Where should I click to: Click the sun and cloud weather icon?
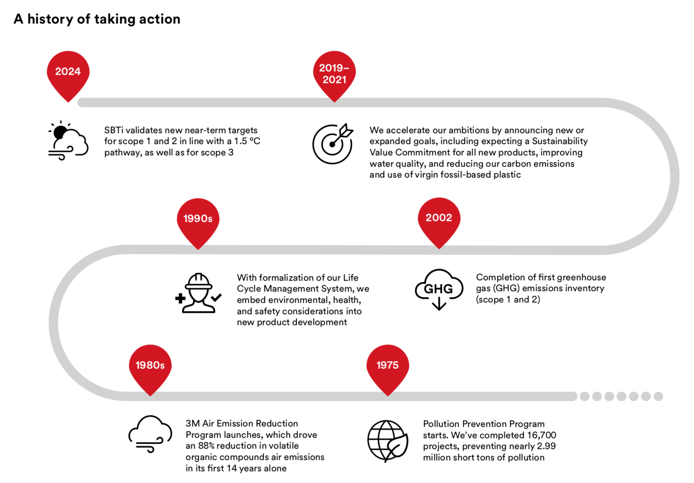(x=68, y=141)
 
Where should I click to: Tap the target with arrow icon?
(x=333, y=144)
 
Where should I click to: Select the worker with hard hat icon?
(x=198, y=293)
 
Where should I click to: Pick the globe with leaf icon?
(x=388, y=441)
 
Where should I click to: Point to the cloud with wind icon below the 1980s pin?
(x=150, y=434)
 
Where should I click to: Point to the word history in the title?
(x=50, y=19)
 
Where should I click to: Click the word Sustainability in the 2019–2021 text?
(x=560, y=141)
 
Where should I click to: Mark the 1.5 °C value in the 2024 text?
(x=247, y=141)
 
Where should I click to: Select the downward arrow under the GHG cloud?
(x=439, y=303)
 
